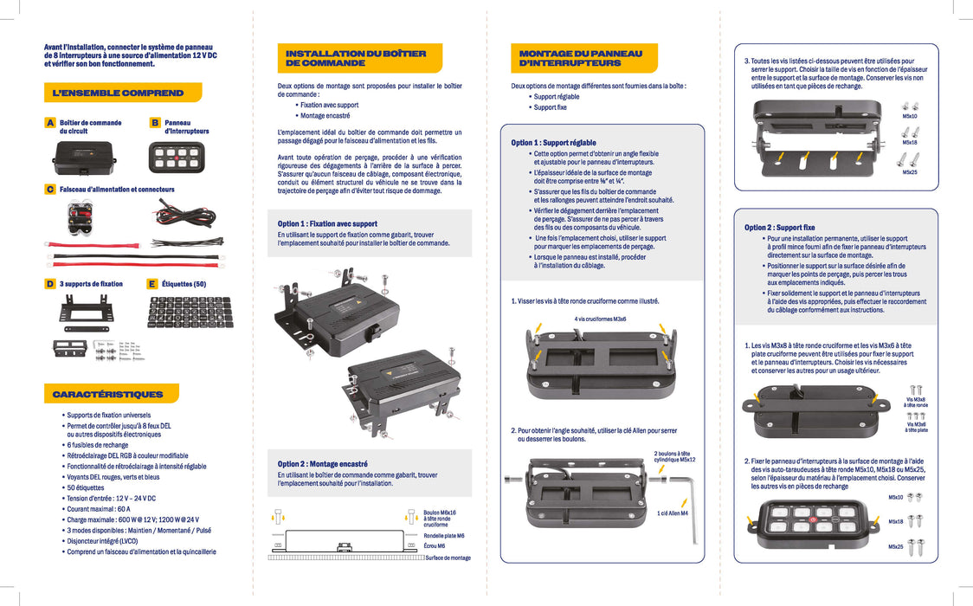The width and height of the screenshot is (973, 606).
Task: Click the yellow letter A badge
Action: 50,124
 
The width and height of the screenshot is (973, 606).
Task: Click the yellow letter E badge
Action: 152,284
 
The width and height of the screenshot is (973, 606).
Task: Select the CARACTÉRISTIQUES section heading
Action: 107,395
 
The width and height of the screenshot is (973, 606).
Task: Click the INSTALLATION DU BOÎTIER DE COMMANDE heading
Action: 356,58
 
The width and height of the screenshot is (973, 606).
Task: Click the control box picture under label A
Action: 82,158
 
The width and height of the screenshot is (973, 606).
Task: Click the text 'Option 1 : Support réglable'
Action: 553,143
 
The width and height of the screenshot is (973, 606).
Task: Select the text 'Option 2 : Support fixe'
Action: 780,228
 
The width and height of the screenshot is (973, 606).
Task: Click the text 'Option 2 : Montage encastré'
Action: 322,464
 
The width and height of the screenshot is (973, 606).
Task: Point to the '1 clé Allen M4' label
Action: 672,513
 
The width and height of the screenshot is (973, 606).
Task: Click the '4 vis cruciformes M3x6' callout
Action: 600,319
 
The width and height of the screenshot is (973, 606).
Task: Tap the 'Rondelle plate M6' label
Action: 444,536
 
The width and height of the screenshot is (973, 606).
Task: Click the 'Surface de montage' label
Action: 448,558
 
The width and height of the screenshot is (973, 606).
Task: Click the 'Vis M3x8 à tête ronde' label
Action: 915,403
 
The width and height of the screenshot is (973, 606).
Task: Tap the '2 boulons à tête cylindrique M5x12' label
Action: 674,456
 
